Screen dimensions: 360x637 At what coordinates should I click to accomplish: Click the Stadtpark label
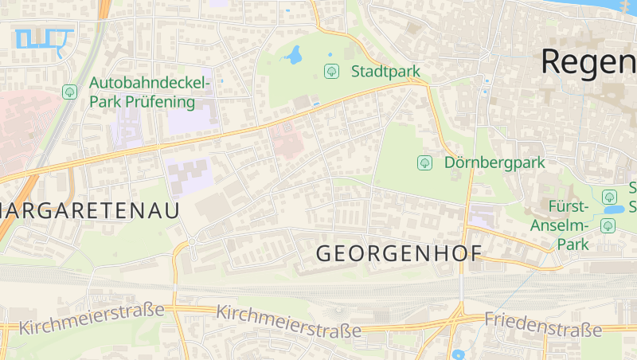coord(385,72)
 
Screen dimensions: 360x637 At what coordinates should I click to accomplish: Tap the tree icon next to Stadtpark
coord(331,72)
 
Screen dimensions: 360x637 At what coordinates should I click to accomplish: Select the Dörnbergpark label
coord(494,162)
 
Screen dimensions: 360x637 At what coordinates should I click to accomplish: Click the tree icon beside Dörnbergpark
coord(424,162)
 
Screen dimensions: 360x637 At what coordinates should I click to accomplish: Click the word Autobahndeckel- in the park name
coord(150,83)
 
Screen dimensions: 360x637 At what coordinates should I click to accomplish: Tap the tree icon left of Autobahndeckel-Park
coord(69,92)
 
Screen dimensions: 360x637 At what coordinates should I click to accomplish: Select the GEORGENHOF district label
coord(399,254)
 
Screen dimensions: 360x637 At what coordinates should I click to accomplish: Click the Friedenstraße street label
coord(543,324)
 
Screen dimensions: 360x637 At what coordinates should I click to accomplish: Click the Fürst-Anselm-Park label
coord(561,225)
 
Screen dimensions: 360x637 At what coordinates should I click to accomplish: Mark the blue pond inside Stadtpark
coord(294,55)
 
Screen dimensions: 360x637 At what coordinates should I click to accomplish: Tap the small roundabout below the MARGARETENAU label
coord(191,241)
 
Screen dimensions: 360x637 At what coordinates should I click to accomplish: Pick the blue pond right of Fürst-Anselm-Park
coord(614,209)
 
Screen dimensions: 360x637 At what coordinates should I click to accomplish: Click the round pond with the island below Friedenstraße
coord(458,354)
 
